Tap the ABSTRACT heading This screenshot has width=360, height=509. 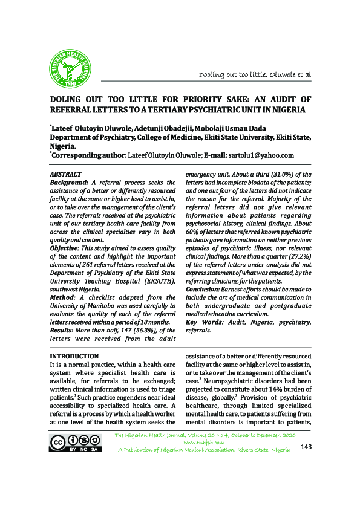pos(65,174)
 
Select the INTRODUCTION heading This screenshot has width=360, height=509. pos(74,357)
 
